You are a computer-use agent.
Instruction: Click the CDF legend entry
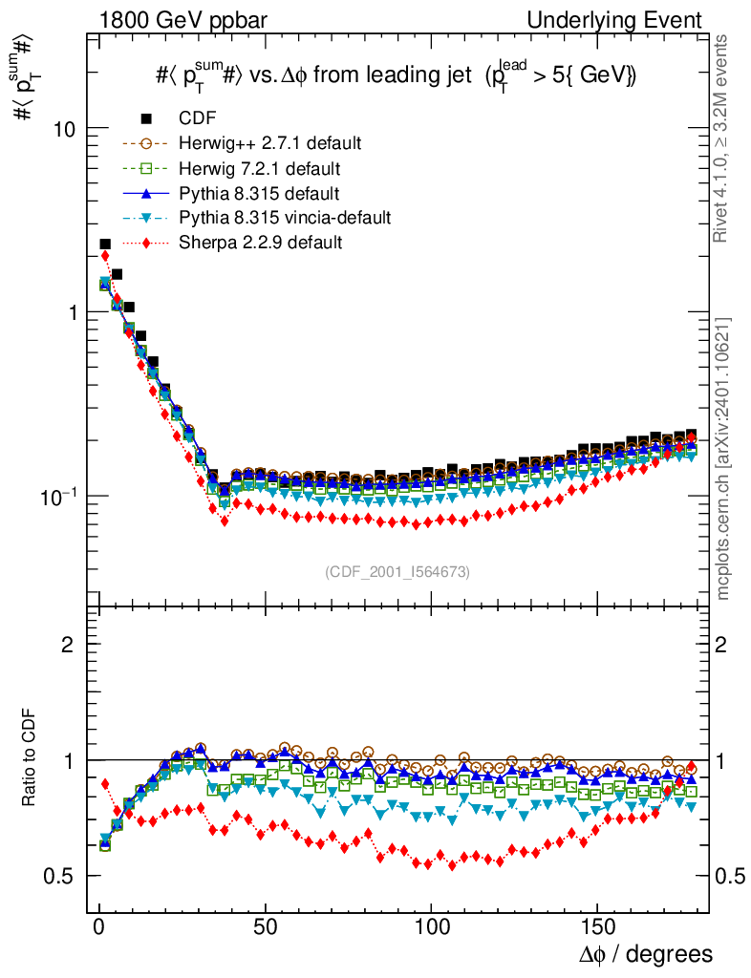[198, 118]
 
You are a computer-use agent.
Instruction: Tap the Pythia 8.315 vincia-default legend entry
[284, 218]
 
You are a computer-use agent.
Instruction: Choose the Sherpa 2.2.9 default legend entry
[260, 243]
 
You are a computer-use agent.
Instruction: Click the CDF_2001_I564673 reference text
[397, 571]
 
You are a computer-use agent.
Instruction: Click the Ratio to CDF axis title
[30, 759]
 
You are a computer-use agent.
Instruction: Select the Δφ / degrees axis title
[646, 954]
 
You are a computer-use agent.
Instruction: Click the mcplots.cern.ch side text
[724, 458]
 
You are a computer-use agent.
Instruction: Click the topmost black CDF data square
[105, 244]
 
